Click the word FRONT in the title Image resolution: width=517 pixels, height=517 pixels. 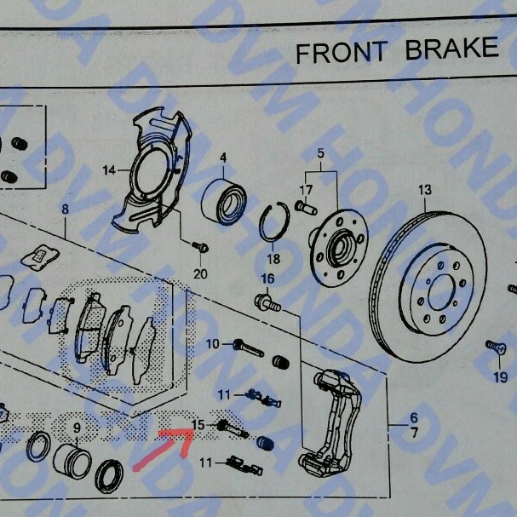(342, 53)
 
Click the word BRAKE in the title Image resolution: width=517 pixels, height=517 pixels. (451, 49)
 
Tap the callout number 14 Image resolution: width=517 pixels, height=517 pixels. (109, 170)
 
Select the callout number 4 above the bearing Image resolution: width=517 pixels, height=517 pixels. (223, 158)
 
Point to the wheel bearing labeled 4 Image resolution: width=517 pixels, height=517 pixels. (224, 202)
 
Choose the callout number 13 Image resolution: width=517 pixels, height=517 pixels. (425, 190)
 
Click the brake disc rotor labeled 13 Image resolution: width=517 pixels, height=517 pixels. (428, 286)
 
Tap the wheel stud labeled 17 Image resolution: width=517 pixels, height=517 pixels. (306, 207)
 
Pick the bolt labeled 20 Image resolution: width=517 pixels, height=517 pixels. (200, 247)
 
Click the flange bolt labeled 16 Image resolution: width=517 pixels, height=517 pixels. (267, 302)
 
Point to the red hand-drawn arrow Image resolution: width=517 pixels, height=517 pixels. (164, 448)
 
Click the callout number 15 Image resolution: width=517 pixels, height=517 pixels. (198, 425)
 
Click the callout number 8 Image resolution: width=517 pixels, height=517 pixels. (66, 209)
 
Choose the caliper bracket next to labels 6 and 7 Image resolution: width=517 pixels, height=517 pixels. (330, 423)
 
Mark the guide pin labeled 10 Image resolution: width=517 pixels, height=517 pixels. (249, 348)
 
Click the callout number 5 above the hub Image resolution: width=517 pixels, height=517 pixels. (321, 153)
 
